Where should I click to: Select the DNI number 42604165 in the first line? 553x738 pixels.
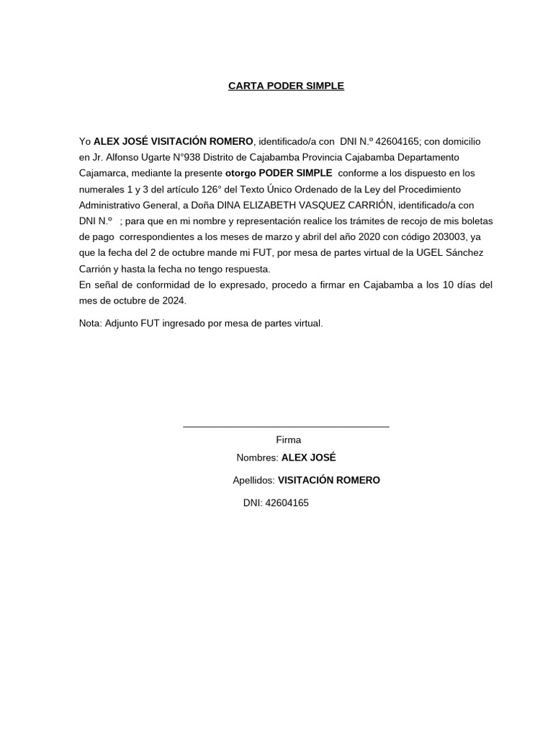(x=398, y=141)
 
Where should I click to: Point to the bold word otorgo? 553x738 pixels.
(x=240, y=173)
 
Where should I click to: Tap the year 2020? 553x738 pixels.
(x=372, y=236)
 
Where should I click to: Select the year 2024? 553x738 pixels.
(x=172, y=301)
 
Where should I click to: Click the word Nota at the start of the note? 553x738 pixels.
(x=90, y=324)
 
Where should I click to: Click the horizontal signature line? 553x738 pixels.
(x=286, y=427)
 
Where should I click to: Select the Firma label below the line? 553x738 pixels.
(x=289, y=440)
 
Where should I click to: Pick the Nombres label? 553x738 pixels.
(x=257, y=458)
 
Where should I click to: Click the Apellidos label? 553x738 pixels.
(x=253, y=480)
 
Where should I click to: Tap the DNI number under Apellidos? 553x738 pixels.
(x=287, y=503)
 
